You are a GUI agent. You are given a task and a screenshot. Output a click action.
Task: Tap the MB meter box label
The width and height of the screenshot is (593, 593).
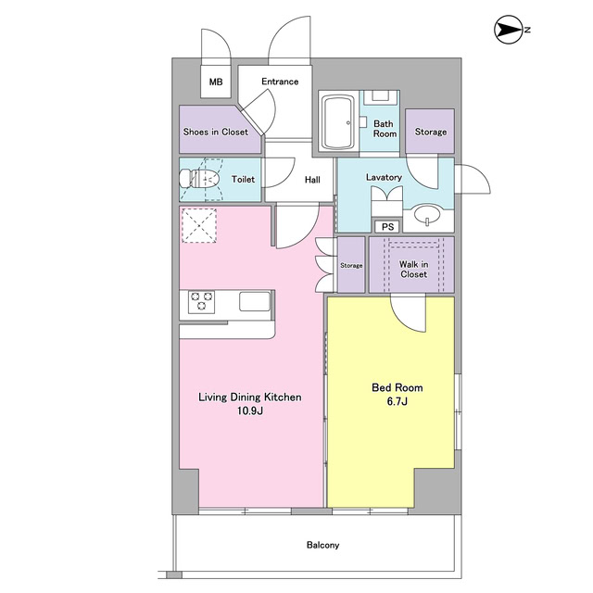(x=216, y=82)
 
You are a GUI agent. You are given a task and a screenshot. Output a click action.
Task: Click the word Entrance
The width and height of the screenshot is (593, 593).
(x=280, y=82)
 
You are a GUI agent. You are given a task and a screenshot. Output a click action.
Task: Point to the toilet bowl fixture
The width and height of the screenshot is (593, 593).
(x=199, y=179)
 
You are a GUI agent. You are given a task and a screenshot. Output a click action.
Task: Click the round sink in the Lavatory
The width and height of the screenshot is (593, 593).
(x=427, y=215)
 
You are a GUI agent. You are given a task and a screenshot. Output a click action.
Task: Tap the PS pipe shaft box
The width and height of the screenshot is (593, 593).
(x=387, y=226)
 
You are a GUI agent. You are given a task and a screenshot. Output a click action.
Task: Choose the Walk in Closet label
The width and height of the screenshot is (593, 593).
(x=414, y=270)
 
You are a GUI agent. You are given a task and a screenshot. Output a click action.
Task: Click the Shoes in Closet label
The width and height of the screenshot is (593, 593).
(x=216, y=132)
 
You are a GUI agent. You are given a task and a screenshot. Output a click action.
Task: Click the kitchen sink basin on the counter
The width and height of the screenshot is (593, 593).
(x=255, y=301)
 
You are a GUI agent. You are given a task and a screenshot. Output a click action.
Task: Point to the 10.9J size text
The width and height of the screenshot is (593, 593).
(x=250, y=410)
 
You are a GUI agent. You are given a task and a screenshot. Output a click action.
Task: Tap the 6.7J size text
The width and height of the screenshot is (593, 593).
(x=397, y=401)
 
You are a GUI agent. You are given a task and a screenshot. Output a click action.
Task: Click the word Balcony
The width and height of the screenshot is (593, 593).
(x=323, y=545)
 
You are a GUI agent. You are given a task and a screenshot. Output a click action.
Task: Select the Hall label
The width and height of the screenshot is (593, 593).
(x=312, y=180)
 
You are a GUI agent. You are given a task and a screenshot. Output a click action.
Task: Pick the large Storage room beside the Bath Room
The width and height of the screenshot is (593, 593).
(x=430, y=132)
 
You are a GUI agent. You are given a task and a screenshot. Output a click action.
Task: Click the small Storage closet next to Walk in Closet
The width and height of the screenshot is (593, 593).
(x=351, y=265)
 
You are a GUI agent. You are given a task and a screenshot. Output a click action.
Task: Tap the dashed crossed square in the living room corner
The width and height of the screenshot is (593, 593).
(x=199, y=226)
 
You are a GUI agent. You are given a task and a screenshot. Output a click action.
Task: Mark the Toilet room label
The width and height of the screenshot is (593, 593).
(x=243, y=179)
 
